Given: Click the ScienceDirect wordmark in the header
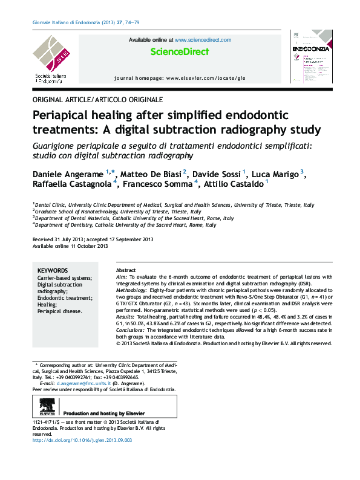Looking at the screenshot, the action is pyautogui.click(x=180, y=52).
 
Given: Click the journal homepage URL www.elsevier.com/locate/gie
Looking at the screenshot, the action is pyautogui.click(x=206, y=79).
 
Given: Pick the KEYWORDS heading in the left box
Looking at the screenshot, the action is pyautogui.click(x=53, y=270).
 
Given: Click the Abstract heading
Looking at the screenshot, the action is pyautogui.click(x=125, y=270).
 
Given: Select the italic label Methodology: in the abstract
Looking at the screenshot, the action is pyautogui.click(x=134, y=290).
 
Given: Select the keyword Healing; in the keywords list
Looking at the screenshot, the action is pyautogui.click(x=48, y=305).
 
